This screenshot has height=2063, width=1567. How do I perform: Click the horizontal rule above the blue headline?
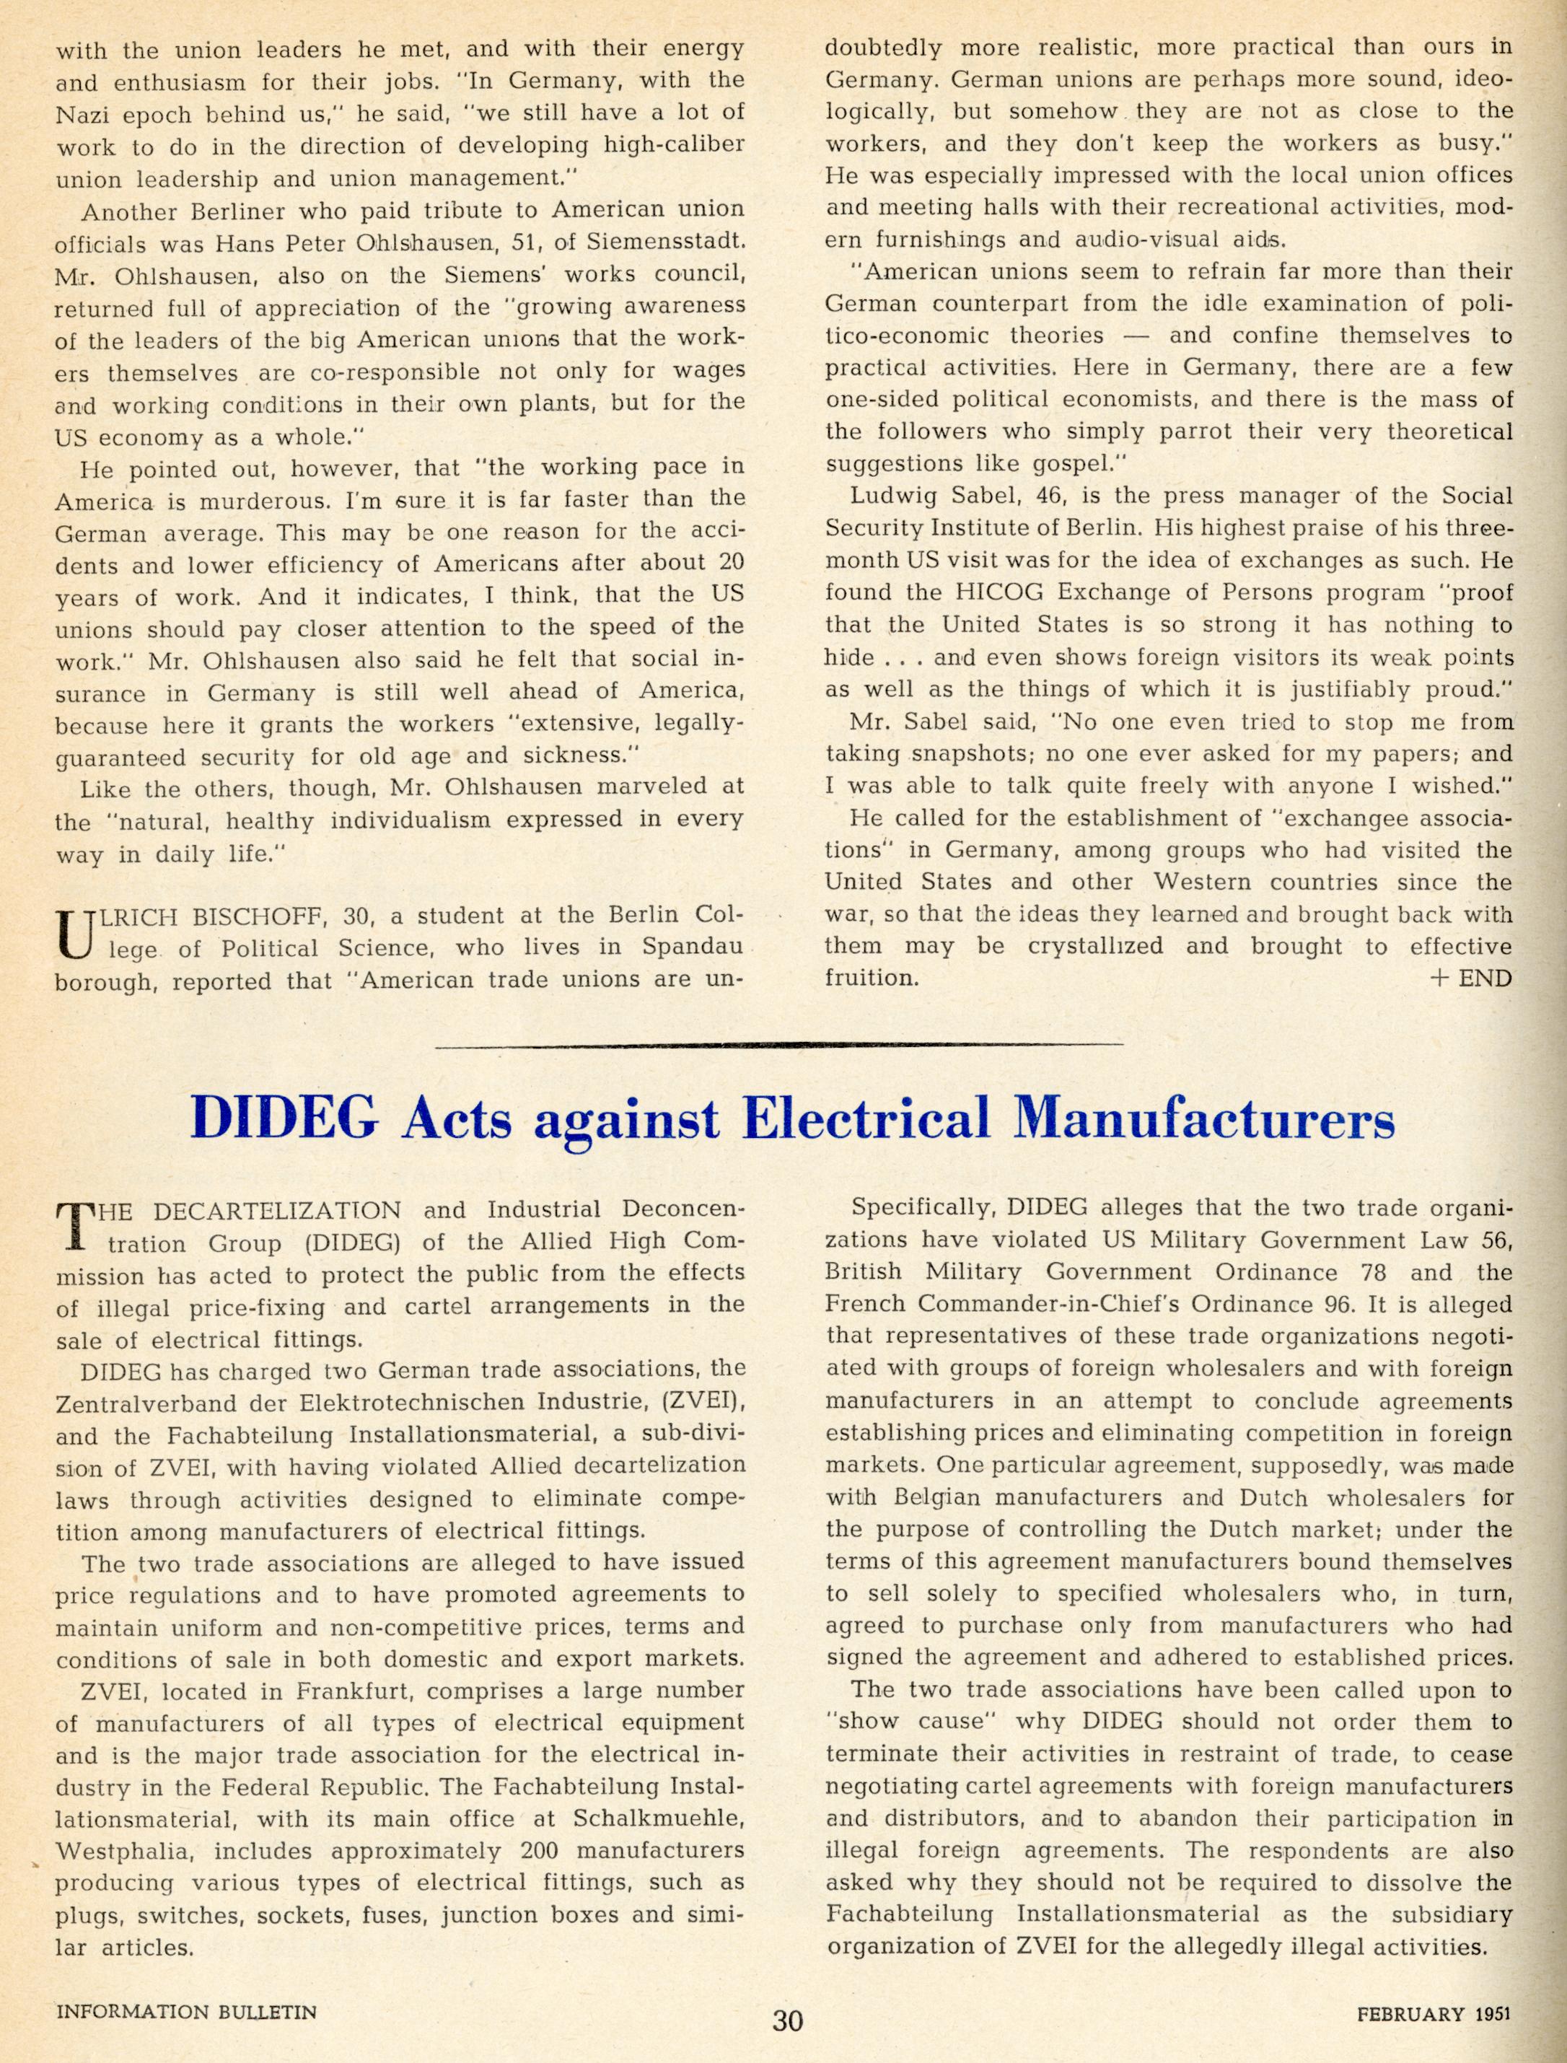click(780, 1045)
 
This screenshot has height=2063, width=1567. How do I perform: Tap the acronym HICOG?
click(940, 593)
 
